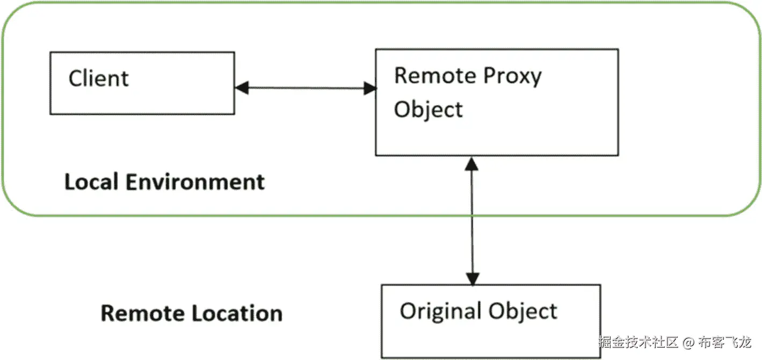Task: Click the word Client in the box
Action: pos(99,79)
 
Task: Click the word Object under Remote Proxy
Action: pos(428,109)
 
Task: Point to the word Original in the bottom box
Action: pos(440,311)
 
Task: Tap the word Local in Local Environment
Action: pos(91,182)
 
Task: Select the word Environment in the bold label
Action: pos(195,182)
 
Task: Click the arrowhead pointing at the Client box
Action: pos(242,88)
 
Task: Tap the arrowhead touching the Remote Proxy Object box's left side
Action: pos(369,89)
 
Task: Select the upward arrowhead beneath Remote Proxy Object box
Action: pos(471,163)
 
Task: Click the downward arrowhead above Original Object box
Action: pos(473,278)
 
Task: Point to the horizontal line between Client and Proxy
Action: pos(306,88)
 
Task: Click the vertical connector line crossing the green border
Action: pos(472,216)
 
